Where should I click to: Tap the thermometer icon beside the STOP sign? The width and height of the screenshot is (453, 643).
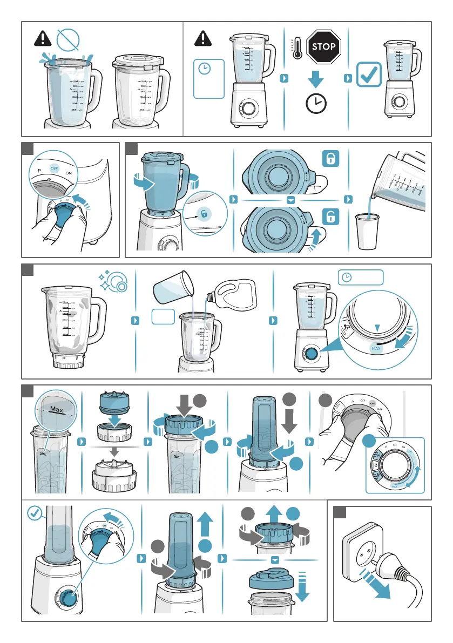pos(296,48)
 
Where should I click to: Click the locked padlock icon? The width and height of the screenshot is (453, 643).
pos(330,159)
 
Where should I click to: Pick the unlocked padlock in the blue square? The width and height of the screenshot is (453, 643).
pos(330,217)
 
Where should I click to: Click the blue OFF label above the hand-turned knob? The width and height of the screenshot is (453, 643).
pos(53,168)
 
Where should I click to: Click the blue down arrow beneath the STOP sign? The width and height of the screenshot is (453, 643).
pos(316,80)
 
